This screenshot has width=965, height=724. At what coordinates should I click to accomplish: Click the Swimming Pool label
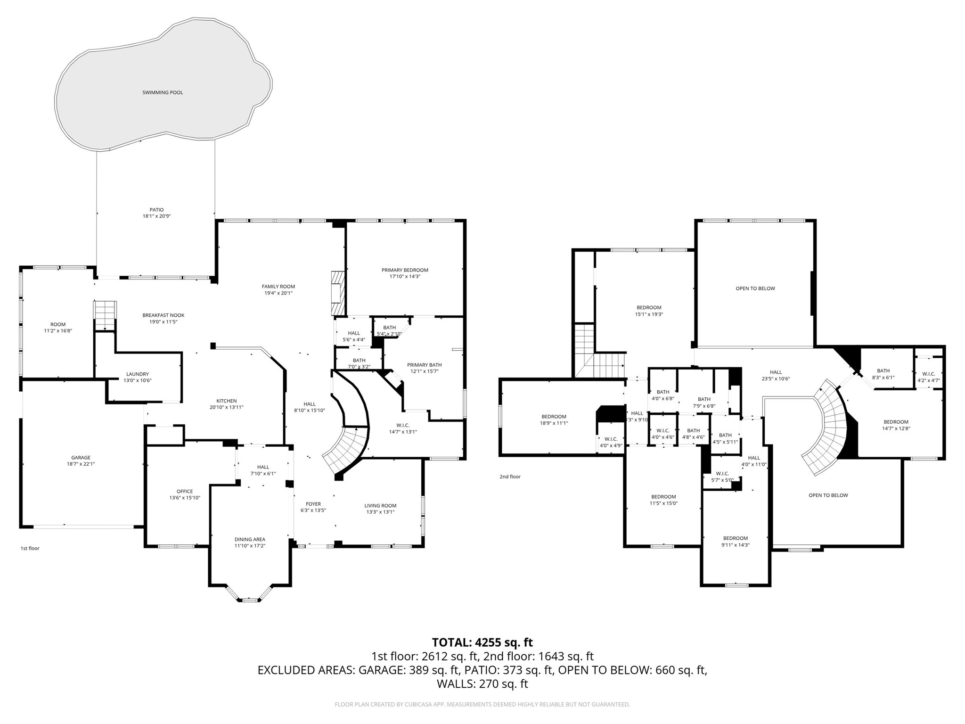[x=163, y=92]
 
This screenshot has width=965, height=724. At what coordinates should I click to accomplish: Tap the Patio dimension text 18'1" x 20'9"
[x=156, y=216]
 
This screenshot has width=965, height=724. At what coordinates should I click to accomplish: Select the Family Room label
[x=278, y=287]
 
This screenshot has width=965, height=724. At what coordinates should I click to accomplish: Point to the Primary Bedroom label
[x=405, y=270]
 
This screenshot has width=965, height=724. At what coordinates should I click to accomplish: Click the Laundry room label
[x=138, y=374]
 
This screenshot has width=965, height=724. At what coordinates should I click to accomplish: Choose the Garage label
[x=81, y=457]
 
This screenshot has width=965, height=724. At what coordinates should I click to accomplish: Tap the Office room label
[x=185, y=491]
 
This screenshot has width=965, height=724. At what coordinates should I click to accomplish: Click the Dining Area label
[x=250, y=539]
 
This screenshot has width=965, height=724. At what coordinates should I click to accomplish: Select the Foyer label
[x=313, y=504]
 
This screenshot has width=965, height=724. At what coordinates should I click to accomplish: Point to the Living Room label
[x=380, y=506]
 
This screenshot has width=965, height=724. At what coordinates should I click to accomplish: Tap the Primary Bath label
[x=424, y=365]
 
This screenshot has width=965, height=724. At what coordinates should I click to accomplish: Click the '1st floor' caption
[x=30, y=548]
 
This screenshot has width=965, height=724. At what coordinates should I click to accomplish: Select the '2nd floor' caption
[x=510, y=477]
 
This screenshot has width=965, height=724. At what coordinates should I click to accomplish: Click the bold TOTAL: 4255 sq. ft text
[x=482, y=642]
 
